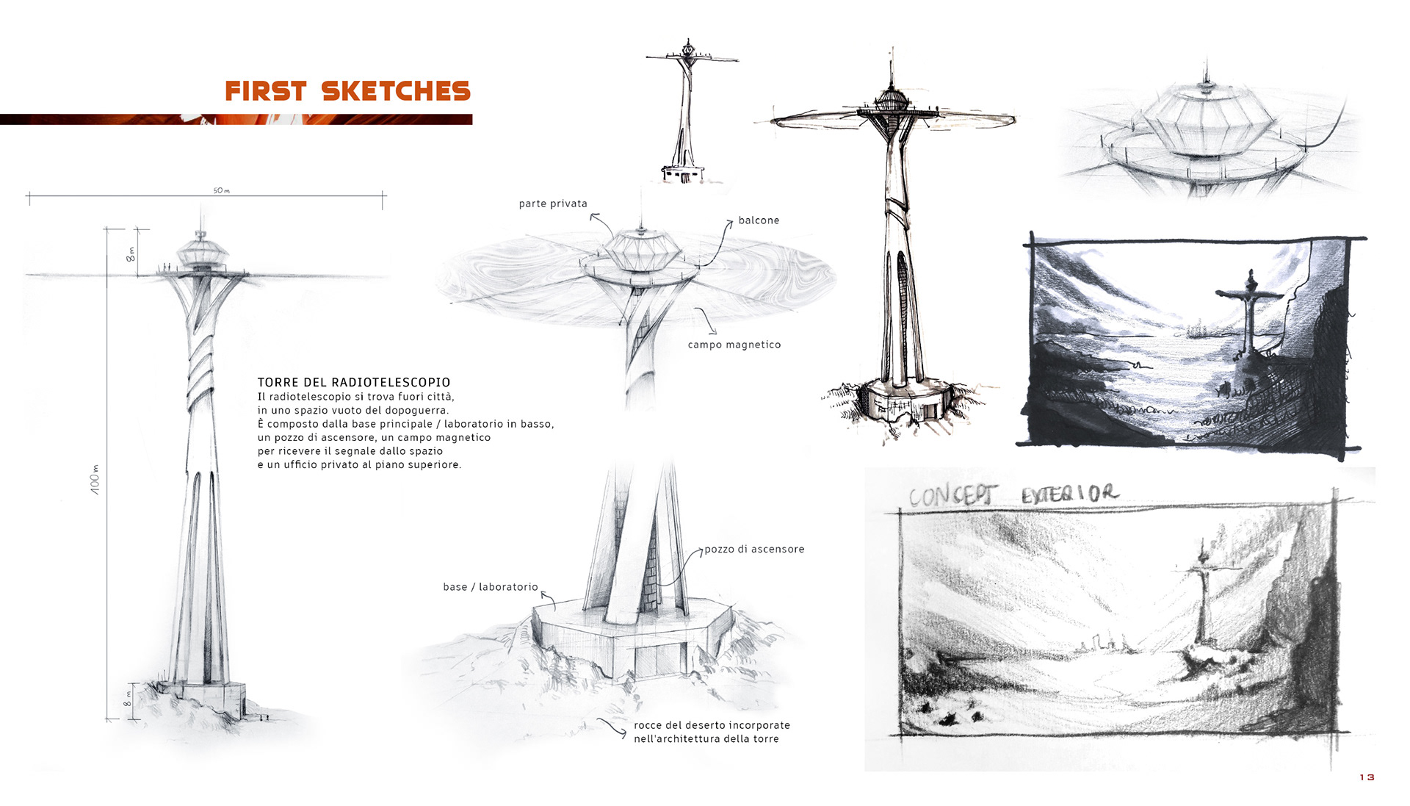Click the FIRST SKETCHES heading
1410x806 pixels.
[x=347, y=91]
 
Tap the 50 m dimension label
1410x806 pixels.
[x=221, y=191]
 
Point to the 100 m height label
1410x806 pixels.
[x=95, y=479]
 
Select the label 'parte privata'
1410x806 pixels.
[x=553, y=204]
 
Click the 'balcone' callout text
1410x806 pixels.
[x=759, y=220]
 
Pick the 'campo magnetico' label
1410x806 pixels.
[x=734, y=345]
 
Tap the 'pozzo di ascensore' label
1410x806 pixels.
[x=754, y=549]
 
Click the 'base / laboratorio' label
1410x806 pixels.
[x=491, y=587]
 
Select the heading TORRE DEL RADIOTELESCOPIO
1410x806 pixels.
[x=354, y=382]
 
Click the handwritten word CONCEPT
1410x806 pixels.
[x=952, y=496]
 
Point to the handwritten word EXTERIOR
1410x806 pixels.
[x=1070, y=494]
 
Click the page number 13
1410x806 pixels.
[x=1366, y=777]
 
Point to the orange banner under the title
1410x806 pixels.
[x=236, y=119]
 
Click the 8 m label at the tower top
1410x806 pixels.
[x=131, y=254]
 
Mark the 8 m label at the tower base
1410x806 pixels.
[x=128, y=698]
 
